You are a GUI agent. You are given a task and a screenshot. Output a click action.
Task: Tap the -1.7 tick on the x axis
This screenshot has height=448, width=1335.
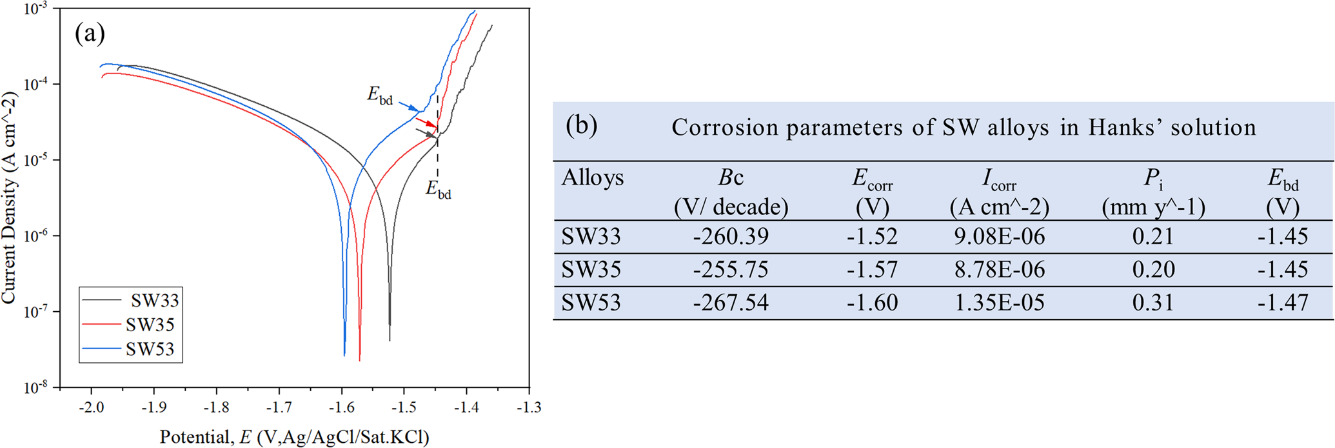click(x=279, y=407)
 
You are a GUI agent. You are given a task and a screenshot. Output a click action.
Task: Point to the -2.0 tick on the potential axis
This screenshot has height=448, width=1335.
click(x=91, y=407)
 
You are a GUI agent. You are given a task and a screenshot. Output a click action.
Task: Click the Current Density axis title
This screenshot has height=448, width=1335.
click(x=9, y=197)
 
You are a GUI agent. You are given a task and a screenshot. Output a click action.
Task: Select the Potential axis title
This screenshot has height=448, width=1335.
click(x=294, y=437)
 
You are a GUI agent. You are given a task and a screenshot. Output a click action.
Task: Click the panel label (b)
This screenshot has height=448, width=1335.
click(x=582, y=125)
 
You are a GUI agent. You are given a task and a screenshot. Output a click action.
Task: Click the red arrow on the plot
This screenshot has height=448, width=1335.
click(x=426, y=122)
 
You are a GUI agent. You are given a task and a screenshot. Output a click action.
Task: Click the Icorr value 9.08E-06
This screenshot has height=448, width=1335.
click(x=999, y=237)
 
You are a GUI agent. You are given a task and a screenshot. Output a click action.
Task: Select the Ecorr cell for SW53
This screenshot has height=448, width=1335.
click(x=872, y=303)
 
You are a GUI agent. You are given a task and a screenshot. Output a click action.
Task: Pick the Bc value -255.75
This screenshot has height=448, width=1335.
click(x=731, y=270)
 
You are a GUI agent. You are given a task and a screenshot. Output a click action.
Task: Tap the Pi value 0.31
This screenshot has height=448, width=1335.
click(x=1153, y=303)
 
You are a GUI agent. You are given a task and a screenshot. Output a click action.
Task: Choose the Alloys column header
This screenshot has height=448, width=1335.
click(x=592, y=178)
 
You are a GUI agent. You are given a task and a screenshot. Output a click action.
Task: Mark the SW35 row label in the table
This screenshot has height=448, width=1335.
click(x=591, y=270)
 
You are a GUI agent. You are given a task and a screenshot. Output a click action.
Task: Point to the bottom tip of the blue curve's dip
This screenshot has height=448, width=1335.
click(x=344, y=354)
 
